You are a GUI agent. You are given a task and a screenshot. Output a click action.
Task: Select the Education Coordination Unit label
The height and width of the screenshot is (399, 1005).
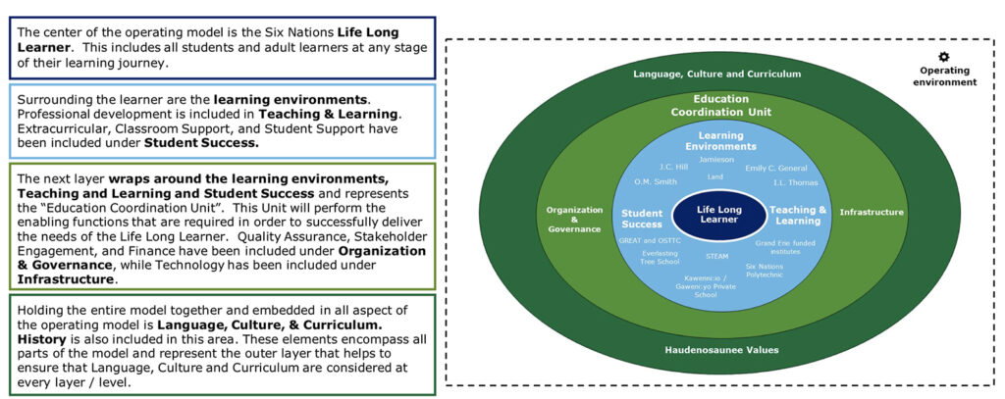[x=720, y=105]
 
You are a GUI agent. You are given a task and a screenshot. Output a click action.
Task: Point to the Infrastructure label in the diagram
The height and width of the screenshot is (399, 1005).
[x=865, y=212]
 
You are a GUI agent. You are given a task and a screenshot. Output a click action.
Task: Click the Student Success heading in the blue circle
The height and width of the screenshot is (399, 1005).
[x=643, y=218]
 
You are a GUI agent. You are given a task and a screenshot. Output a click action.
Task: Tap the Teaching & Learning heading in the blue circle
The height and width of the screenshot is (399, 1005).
[x=797, y=215]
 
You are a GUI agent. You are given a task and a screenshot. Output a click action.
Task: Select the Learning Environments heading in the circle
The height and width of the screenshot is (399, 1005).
[x=720, y=140]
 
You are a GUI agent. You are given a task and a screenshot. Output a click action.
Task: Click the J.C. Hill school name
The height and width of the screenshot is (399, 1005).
[x=673, y=167]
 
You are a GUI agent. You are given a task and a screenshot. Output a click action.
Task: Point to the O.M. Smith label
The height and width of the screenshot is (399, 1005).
[x=655, y=181]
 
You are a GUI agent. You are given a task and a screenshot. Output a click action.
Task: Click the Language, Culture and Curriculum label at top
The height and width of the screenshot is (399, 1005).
[x=716, y=73]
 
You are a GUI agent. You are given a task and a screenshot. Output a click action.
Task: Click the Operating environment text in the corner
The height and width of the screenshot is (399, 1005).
[x=947, y=76]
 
